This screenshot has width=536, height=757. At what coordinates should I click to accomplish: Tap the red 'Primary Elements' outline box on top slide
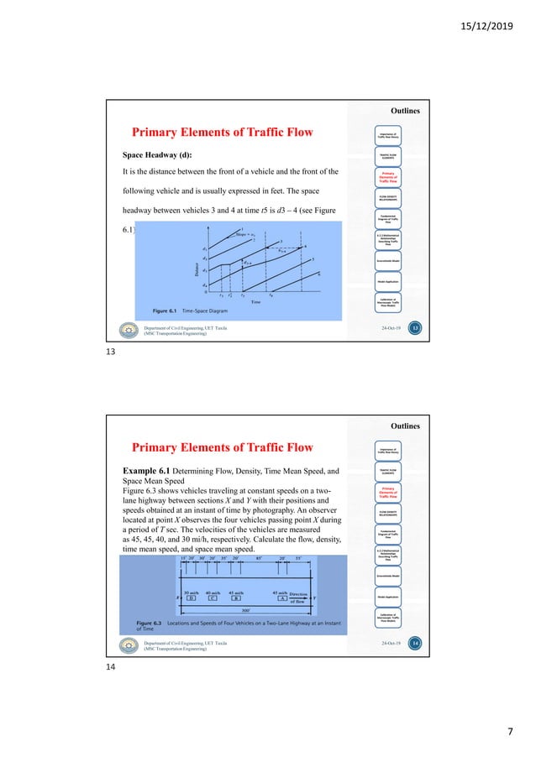(389, 176)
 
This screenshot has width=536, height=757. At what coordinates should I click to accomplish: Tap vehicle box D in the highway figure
(192, 576)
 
